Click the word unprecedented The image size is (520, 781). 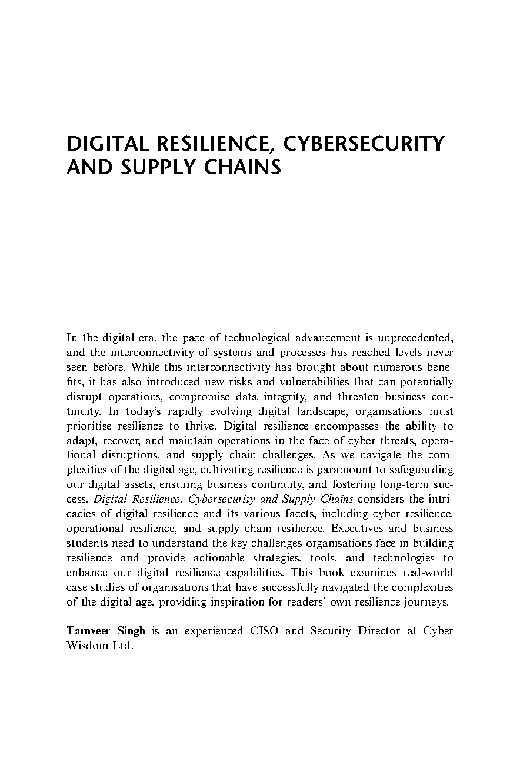[x=416, y=338]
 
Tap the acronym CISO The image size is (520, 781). [x=265, y=631]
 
